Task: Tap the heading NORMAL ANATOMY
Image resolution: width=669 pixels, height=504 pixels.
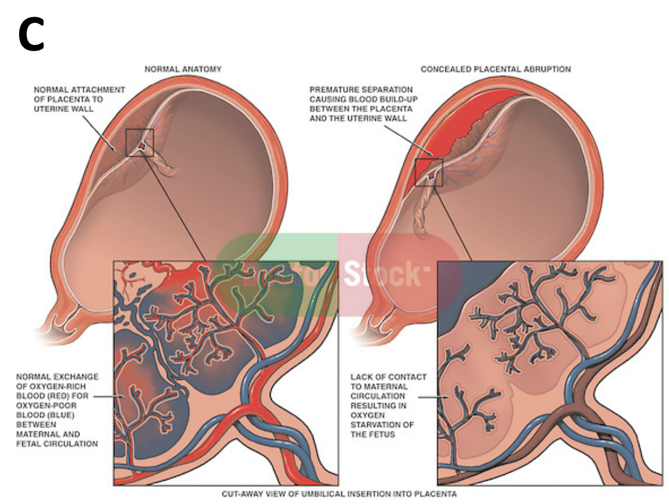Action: pos(183,70)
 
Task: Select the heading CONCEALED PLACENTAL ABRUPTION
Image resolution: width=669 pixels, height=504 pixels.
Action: pos(495,70)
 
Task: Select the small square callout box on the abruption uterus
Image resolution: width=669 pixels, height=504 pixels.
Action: pos(429,172)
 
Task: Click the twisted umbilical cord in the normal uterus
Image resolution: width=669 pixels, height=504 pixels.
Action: pos(164,163)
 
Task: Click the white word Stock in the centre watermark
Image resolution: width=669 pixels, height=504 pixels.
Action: pos(382,275)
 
